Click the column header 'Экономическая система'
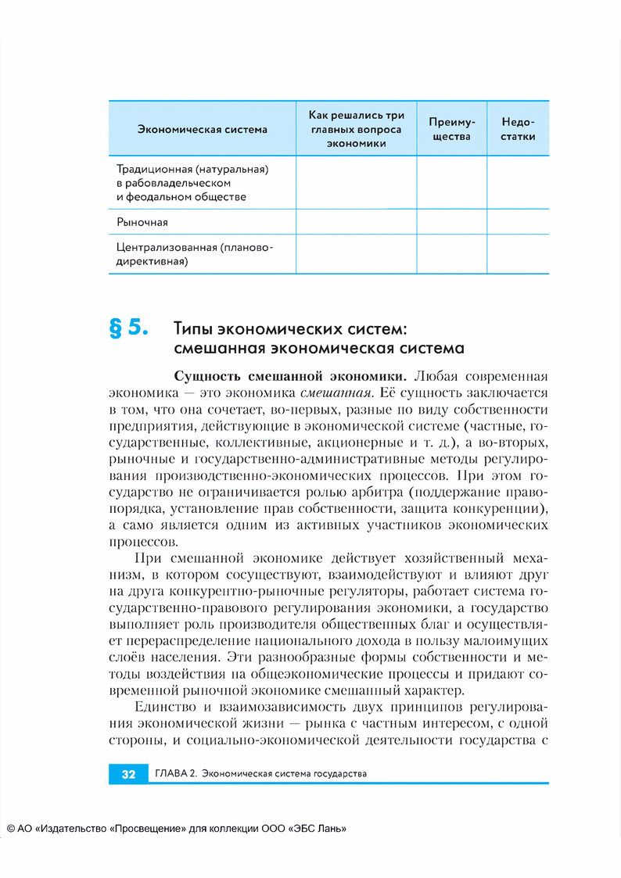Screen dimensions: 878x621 tap(202, 129)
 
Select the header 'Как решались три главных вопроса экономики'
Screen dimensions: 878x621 tap(356, 129)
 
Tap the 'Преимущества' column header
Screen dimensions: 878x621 tap(451, 129)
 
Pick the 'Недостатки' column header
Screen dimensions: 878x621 tap(518, 129)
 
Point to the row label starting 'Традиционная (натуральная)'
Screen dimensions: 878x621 tap(192, 169)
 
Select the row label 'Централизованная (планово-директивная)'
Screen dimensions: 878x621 tap(195, 255)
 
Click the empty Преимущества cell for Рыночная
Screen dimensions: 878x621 tap(451, 222)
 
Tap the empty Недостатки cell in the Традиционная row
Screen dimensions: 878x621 tap(518, 182)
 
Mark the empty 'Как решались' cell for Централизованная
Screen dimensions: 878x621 tap(356, 255)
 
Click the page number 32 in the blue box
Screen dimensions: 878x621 tap(128, 774)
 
